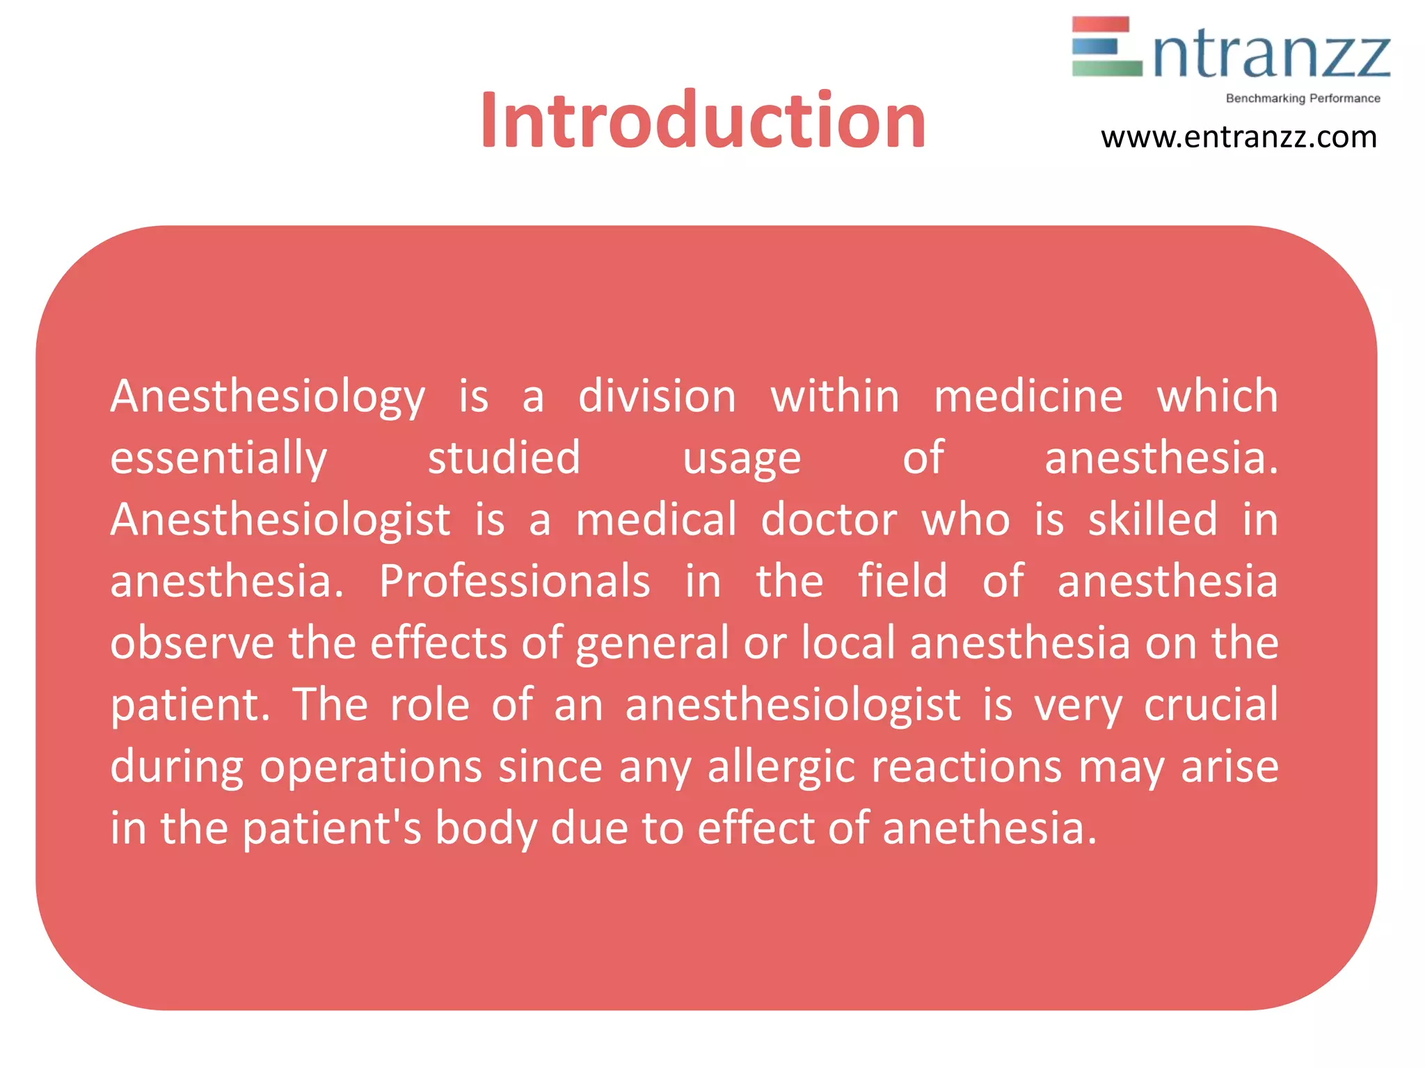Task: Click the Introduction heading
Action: (x=703, y=122)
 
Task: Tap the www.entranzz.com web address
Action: (x=1239, y=138)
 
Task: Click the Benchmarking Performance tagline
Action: (x=1303, y=99)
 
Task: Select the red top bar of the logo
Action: (x=1100, y=25)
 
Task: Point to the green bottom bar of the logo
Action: (x=1106, y=68)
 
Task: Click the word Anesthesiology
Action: (x=268, y=398)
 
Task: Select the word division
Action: (x=657, y=396)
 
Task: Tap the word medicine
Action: (x=1028, y=396)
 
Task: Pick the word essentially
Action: (x=218, y=459)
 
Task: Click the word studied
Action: (x=504, y=458)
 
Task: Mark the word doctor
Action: (x=829, y=519)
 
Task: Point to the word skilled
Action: (x=1153, y=519)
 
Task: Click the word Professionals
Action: (x=515, y=581)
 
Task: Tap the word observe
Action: (x=192, y=643)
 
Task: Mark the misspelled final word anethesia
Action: (x=989, y=828)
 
